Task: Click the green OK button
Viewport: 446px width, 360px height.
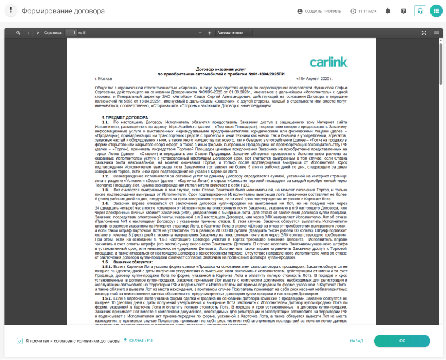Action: pyautogui.click(x=402, y=340)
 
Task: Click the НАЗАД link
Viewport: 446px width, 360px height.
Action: pyautogui.click(x=356, y=340)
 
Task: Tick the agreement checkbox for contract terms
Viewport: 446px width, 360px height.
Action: pyautogui.click(x=20, y=340)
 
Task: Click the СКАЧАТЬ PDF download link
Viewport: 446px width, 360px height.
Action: pyautogui.click(x=139, y=340)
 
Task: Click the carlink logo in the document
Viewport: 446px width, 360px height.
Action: pyautogui.click(x=329, y=62)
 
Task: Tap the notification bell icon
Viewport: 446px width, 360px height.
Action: pyautogui.click(x=388, y=11)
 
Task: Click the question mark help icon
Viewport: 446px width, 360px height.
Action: pyautogui.click(x=403, y=11)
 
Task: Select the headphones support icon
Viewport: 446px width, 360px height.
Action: pyautogui.click(x=420, y=11)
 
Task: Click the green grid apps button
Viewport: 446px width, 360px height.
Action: pyautogui.click(x=436, y=11)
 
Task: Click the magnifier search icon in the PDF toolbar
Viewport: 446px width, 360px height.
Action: pyautogui.click(x=18, y=33)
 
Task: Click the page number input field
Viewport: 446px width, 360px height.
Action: pyautogui.click(x=71, y=33)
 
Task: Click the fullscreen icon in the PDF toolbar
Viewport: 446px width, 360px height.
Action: pyautogui.click(x=424, y=33)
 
